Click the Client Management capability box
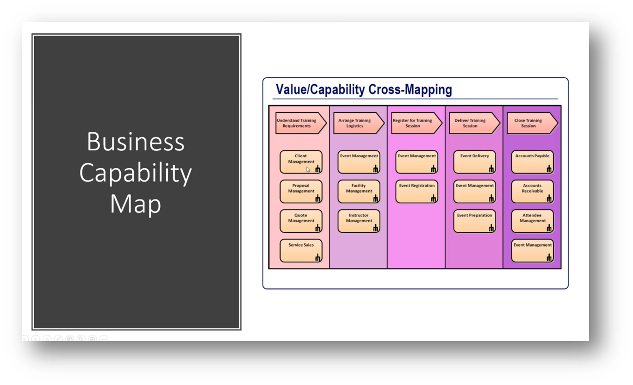301,161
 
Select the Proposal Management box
301,191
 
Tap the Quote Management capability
301,221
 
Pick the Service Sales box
301,250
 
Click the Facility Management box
359,191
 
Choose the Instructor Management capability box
359,221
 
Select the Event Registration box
416,191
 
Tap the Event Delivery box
474,161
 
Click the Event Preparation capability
474,221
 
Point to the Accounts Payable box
532,161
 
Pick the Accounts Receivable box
532,191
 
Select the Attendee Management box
532,221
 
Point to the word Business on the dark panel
136,142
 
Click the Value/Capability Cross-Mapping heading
364,89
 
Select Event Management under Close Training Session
532,250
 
